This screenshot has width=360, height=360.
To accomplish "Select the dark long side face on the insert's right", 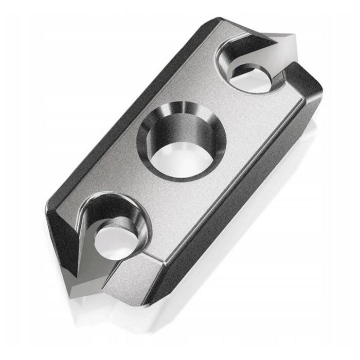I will [x=242, y=206].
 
